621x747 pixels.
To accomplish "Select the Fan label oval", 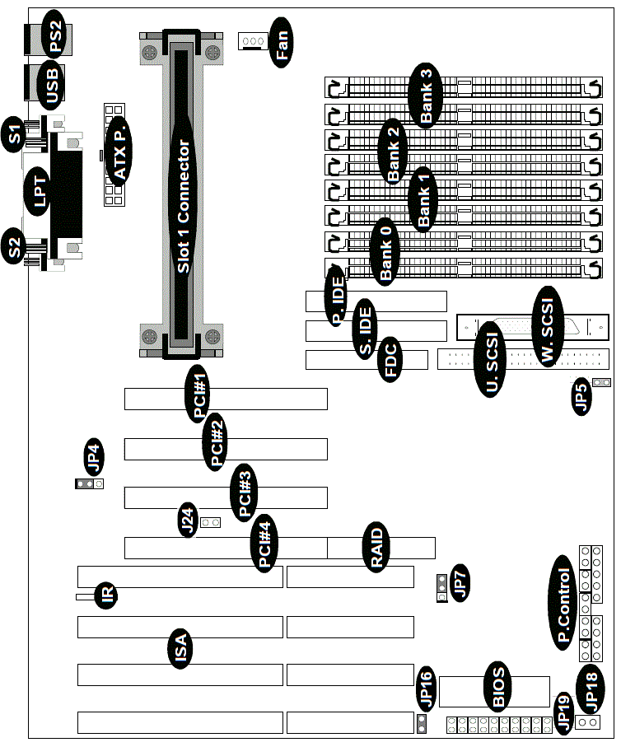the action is pos(281,43).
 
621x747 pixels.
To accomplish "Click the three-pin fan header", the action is pos(252,41).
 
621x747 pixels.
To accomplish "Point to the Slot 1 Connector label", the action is pos(184,206).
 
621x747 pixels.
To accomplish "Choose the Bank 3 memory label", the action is pos(426,96).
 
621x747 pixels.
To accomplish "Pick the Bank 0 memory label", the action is pos(385,252).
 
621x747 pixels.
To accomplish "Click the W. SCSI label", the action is pos(548,327).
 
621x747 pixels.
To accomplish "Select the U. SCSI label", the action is pos(490,360).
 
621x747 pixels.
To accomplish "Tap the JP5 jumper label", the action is pos(581,396).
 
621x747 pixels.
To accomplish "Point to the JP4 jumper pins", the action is pos(89,484).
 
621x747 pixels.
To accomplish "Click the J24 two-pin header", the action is pos(210,523).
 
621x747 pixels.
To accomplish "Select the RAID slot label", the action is pos(376,547).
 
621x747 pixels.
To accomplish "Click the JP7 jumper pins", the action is pos(441,588).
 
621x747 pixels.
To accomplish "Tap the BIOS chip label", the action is pos(497,686).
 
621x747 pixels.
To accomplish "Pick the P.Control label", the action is pos(563,603).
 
